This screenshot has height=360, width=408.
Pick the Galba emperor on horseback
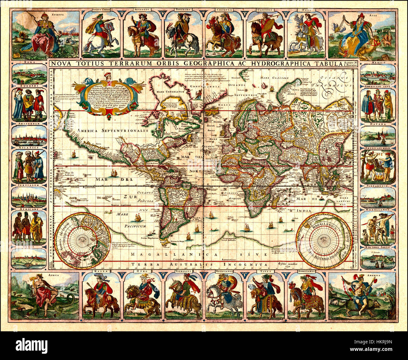[100, 296]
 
